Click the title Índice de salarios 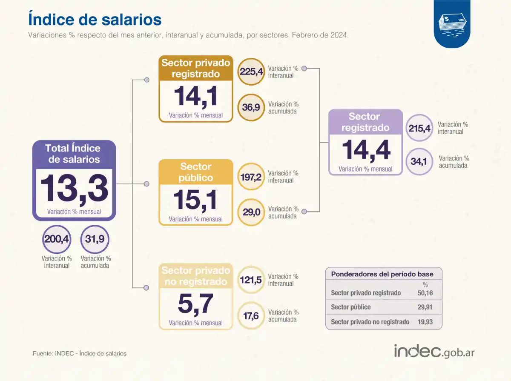tap(95, 20)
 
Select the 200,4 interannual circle tap(56, 239)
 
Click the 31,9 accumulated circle tap(95, 239)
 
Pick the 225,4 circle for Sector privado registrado tap(251, 72)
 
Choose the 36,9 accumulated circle tap(251, 107)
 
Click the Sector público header tap(195, 172)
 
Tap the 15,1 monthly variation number tap(195, 200)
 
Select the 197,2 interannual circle tap(251, 176)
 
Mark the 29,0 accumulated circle tap(251, 212)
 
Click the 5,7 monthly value tap(195, 304)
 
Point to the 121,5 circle tap(251, 280)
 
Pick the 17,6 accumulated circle tap(251, 315)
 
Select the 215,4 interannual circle tap(420, 128)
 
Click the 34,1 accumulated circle tap(420, 161)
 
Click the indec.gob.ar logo tap(434, 352)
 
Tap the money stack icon tap(452, 24)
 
